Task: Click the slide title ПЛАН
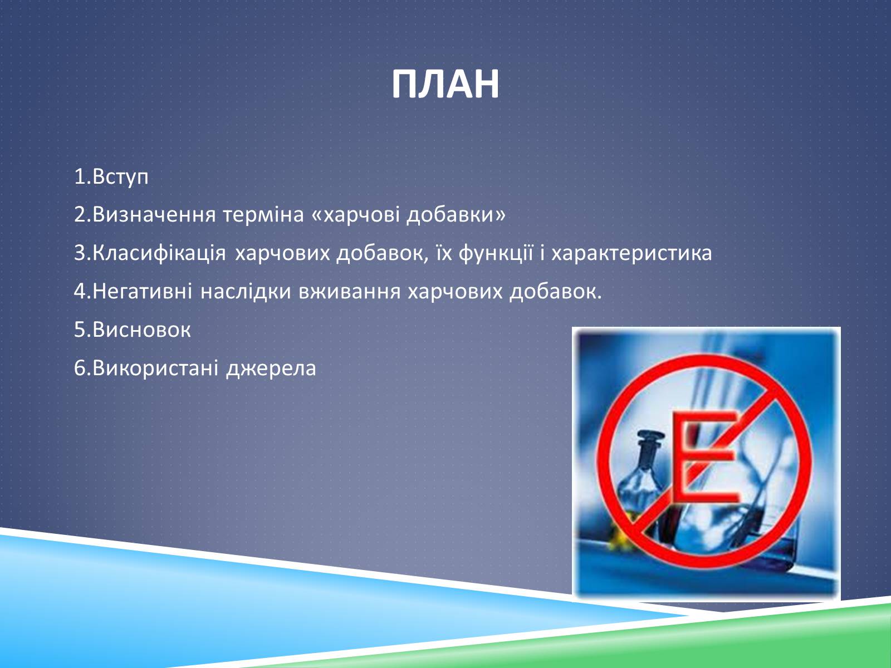pyautogui.click(x=445, y=85)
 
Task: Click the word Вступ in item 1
pyautogui.click(x=120, y=177)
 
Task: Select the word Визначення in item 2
pyautogui.click(x=154, y=214)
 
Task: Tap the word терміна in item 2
pyautogui.click(x=263, y=215)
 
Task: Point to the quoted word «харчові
pyautogui.click(x=355, y=215)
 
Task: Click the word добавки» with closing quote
pyautogui.click(x=456, y=214)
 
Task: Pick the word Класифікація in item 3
pyautogui.click(x=159, y=253)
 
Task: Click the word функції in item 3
pyautogui.click(x=496, y=253)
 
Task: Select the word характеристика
pyautogui.click(x=631, y=254)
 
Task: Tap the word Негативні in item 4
pyautogui.click(x=143, y=291)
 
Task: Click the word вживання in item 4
pyautogui.click(x=350, y=292)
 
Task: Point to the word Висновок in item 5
pyautogui.click(x=141, y=330)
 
